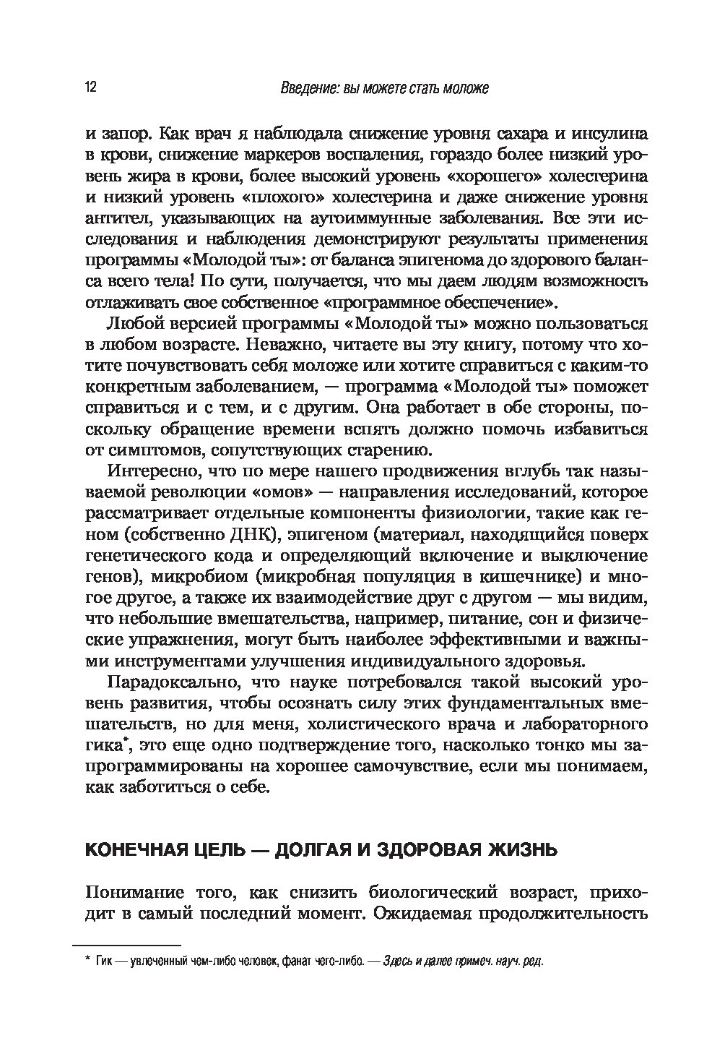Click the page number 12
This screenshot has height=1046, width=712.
(91, 88)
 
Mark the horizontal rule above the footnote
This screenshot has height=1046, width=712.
(126, 945)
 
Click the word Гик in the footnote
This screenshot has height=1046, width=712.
(103, 962)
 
